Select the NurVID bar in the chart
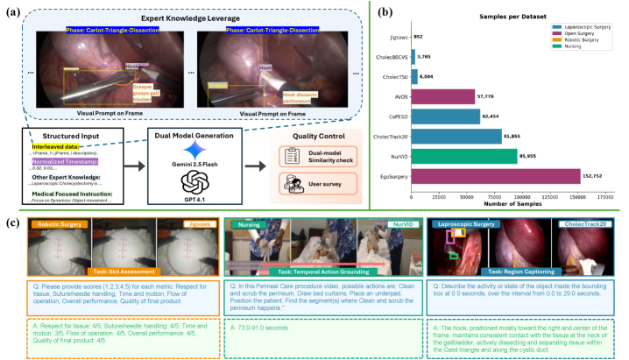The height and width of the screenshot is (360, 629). point(477,155)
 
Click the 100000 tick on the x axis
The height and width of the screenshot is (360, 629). point(521,195)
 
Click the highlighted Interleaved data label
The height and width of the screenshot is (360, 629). point(53,150)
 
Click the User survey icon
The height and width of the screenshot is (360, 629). point(289,178)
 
